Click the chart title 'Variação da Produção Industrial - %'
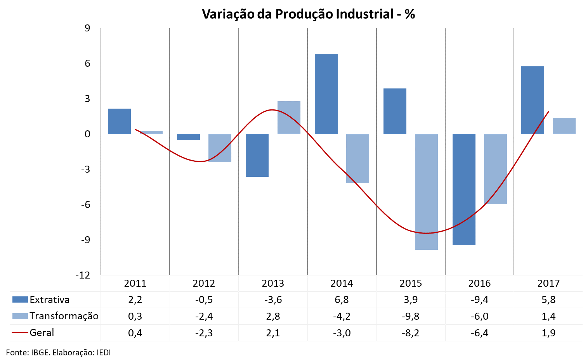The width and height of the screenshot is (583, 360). click(309, 14)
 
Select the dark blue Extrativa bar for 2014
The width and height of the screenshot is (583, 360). click(326, 94)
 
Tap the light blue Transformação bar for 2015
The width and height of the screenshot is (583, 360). click(427, 192)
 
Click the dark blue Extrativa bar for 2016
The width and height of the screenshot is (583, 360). click(464, 189)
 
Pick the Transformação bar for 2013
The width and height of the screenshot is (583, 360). click(289, 118)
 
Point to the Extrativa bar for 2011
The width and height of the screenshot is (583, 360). click(119, 121)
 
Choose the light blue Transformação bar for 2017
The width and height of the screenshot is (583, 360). click(564, 126)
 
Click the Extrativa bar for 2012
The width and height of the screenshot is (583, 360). click(188, 137)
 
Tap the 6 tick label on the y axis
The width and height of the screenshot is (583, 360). click(87, 63)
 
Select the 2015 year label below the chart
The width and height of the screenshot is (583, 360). click(411, 283)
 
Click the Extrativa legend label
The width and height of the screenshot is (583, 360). click(49, 299)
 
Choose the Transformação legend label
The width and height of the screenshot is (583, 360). click(64, 316)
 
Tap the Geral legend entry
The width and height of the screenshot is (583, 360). click(42, 332)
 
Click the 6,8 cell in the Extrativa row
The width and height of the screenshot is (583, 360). click(342, 299)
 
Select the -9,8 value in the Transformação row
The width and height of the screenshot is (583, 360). click(411, 316)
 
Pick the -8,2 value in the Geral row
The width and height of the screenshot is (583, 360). click(411, 333)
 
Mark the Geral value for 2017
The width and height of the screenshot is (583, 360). click(548, 333)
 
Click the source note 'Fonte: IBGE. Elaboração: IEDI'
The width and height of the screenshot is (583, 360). click(59, 353)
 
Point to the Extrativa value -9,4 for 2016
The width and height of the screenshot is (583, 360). click(479, 299)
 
